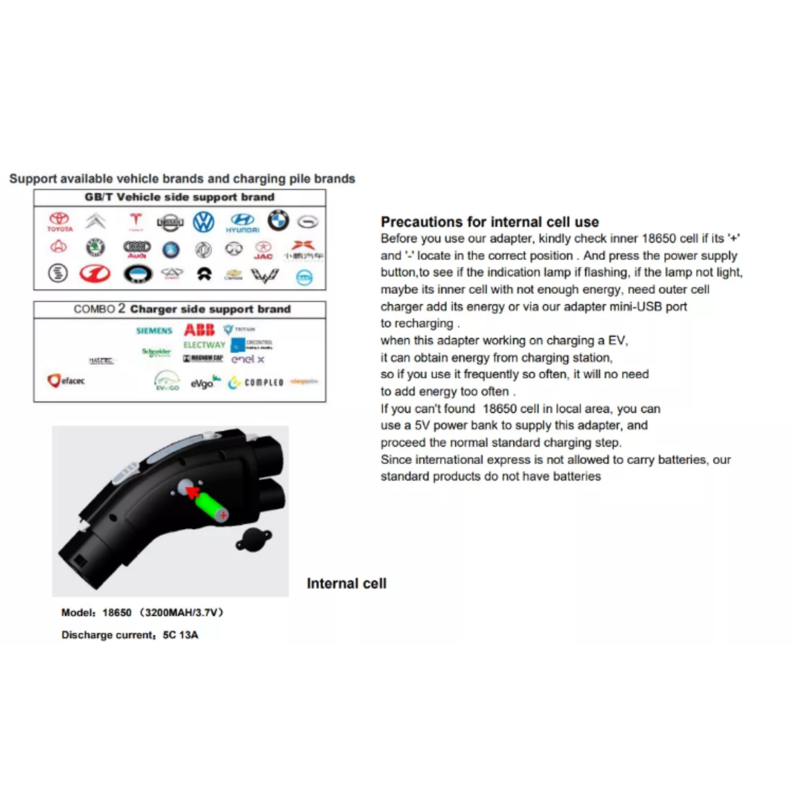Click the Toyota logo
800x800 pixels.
[x=60, y=221]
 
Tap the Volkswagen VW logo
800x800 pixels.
[x=203, y=221]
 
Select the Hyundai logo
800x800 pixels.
[x=242, y=222]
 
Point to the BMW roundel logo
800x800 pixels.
[x=278, y=220]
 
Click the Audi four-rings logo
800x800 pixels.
[x=137, y=248]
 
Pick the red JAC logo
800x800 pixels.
[x=263, y=250]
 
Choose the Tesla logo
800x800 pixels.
[x=135, y=221]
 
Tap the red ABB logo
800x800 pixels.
[x=199, y=330]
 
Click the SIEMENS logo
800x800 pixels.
[x=154, y=330]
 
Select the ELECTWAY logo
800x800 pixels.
[x=204, y=345]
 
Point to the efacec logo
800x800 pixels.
[x=66, y=380]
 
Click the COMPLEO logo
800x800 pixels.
[x=256, y=382]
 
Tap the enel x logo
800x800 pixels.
[x=247, y=359]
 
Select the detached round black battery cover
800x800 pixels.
[x=254, y=539]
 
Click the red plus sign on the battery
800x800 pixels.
[x=223, y=514]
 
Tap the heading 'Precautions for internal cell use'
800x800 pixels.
[x=489, y=222]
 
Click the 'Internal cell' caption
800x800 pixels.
[x=346, y=583]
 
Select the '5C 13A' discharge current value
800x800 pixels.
[x=180, y=635]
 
